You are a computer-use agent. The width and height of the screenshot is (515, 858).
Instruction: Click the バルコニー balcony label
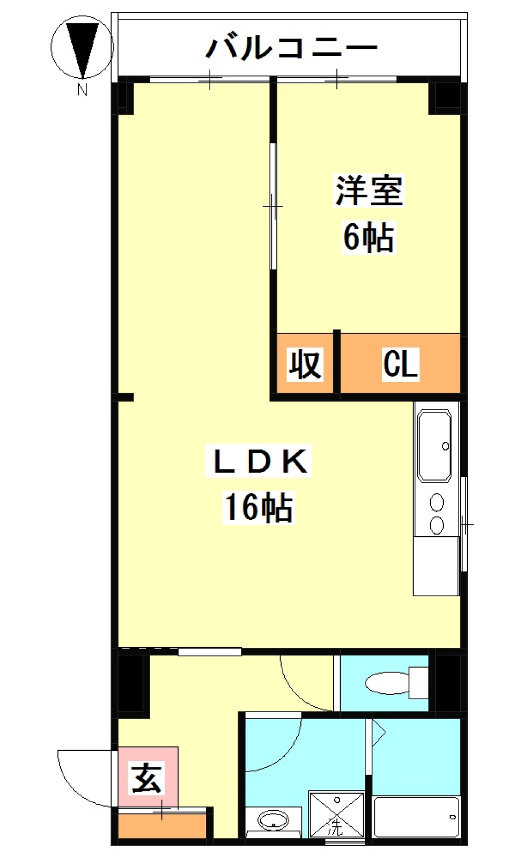click(291, 48)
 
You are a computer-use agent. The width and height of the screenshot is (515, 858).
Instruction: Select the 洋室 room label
click(369, 191)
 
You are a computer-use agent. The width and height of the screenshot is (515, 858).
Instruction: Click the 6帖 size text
click(369, 237)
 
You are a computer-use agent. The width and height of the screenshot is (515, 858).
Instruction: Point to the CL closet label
click(400, 364)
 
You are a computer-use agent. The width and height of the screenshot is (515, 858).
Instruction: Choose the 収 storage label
click(305, 365)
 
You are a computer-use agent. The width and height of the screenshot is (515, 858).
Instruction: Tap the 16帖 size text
click(259, 507)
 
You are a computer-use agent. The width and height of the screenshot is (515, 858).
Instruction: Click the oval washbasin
click(273, 820)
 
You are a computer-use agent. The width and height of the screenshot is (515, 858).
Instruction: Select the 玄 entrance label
click(147, 778)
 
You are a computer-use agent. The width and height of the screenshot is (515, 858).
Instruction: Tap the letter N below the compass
click(82, 90)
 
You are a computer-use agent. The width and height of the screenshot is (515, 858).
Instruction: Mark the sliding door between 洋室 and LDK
click(273, 206)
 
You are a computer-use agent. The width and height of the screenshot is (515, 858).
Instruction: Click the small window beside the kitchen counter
click(465, 524)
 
